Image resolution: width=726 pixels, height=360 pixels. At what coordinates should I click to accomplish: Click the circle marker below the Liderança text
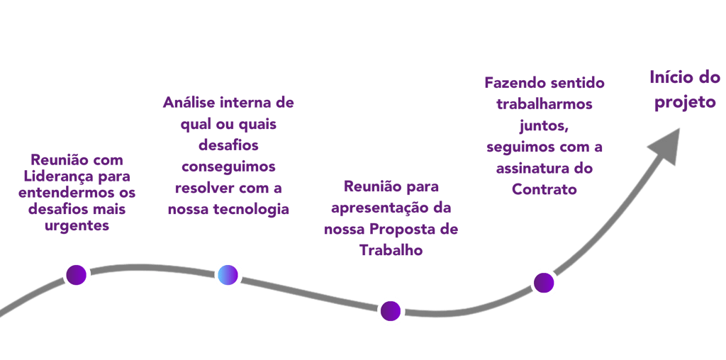pos(77,274)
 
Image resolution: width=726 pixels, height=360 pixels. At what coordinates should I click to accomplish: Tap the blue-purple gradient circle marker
pos(228,274)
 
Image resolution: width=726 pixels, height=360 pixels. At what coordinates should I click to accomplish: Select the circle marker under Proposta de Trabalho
pos(390,310)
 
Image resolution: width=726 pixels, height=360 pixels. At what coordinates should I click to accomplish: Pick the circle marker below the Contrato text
pos(544,282)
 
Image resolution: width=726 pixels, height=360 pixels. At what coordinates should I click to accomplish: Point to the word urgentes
pos(76,226)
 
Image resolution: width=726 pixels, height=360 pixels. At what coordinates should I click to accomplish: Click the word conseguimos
pos(228,167)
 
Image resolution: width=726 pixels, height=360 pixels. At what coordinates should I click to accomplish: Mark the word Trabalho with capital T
pos(391,250)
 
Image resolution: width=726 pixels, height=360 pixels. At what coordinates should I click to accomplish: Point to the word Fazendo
pos(512,83)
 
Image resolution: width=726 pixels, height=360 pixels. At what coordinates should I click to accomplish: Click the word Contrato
pos(544,190)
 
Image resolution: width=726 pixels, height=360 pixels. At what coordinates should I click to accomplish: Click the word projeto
pos(685,102)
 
